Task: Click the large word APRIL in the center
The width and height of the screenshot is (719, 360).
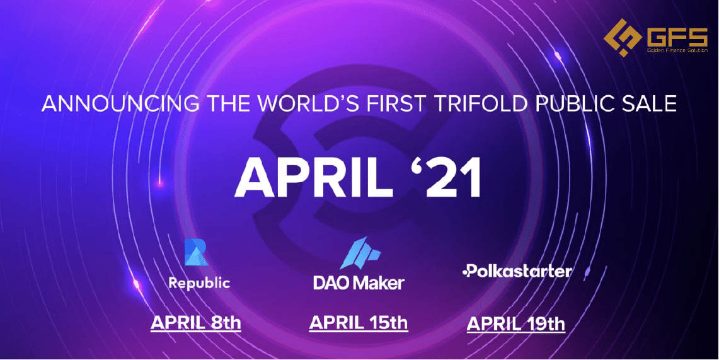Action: click(x=314, y=179)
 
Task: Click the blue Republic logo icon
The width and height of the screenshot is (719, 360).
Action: click(x=196, y=252)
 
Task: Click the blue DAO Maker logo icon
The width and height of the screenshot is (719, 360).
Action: click(x=359, y=253)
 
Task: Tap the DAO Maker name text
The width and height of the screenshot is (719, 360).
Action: click(x=359, y=282)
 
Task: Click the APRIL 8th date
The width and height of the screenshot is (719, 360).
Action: click(x=196, y=323)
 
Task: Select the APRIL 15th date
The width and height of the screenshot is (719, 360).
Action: click(x=359, y=323)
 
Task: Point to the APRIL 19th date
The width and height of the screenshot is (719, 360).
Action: click(x=516, y=324)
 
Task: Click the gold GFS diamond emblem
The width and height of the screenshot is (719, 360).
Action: click(x=622, y=38)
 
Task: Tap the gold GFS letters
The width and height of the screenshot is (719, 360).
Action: click(x=677, y=36)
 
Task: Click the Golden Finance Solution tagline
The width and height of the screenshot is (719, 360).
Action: click(x=677, y=50)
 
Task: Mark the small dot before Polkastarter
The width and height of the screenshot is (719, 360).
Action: click(x=464, y=272)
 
